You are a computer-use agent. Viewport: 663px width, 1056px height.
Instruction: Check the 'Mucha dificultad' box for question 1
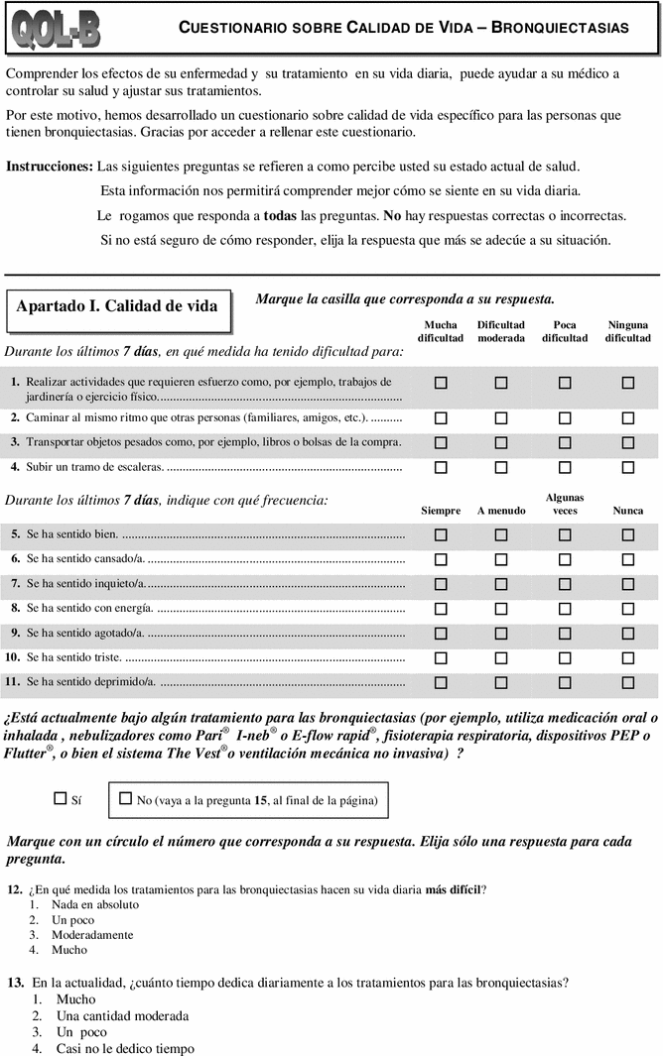[x=441, y=382]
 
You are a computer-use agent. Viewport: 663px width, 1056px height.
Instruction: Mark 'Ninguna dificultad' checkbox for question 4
[x=627, y=466]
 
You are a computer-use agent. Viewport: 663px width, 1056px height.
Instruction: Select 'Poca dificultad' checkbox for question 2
[x=565, y=418]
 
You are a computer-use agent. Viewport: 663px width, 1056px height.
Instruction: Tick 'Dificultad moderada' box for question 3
[x=501, y=442]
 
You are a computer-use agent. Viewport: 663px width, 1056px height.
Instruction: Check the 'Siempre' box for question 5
[x=441, y=534]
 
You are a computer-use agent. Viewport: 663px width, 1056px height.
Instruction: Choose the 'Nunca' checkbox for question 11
[x=627, y=682]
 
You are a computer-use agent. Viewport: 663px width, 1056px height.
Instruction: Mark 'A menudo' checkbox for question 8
[x=501, y=608]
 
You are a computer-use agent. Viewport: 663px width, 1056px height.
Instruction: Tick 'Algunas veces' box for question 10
[x=565, y=657]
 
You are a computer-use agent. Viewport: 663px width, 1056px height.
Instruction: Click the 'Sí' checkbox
[x=60, y=797]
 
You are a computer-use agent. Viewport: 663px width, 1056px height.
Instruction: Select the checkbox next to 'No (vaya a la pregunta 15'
[x=125, y=797]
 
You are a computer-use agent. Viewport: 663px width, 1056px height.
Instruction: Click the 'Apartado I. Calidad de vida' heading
[x=117, y=306]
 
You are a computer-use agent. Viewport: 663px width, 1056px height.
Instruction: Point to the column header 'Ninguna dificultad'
[x=627, y=331]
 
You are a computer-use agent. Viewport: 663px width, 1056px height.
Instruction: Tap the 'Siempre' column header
[x=441, y=511]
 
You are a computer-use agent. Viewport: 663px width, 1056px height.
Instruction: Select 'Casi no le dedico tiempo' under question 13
[x=125, y=1047]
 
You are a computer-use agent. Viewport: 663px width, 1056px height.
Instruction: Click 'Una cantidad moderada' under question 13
[x=122, y=1015]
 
